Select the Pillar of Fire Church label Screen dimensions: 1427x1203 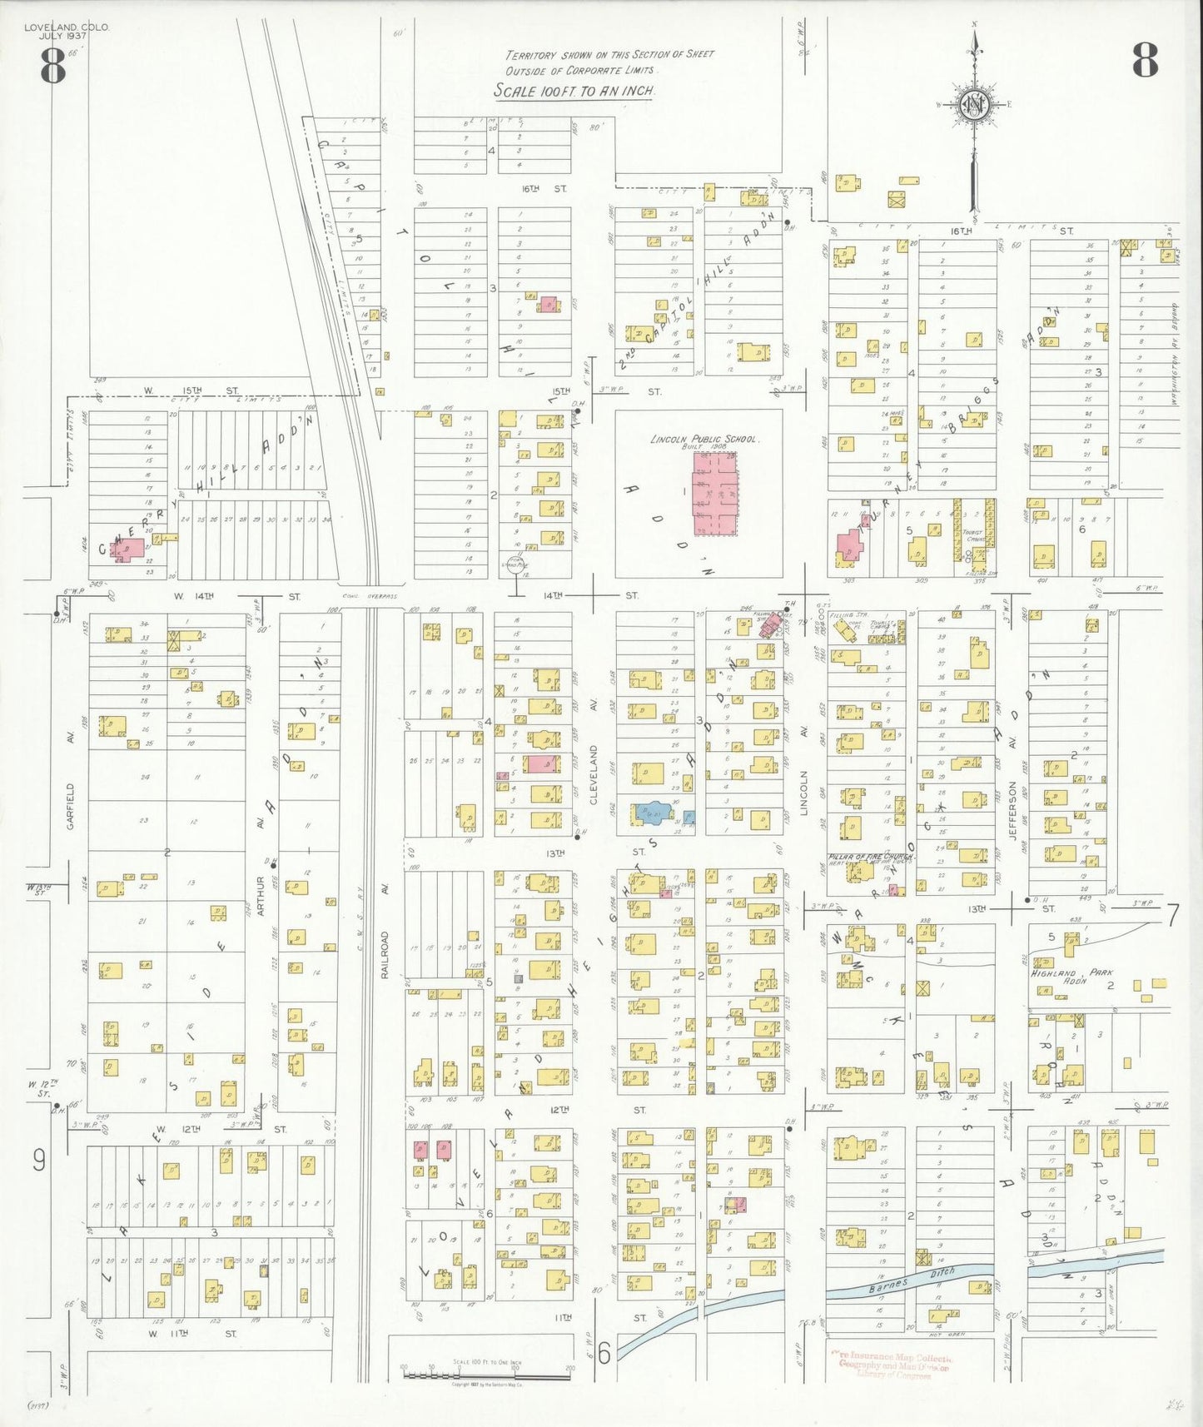coord(872,857)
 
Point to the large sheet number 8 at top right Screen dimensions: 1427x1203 coord(1144,60)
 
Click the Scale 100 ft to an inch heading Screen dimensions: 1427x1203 coord(574,91)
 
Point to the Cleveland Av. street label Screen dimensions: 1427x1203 coord(594,774)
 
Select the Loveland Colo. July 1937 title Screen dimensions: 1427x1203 coord(66,31)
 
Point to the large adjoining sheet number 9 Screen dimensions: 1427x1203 coord(39,1160)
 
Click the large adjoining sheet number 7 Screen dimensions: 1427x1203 coord(1171,915)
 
